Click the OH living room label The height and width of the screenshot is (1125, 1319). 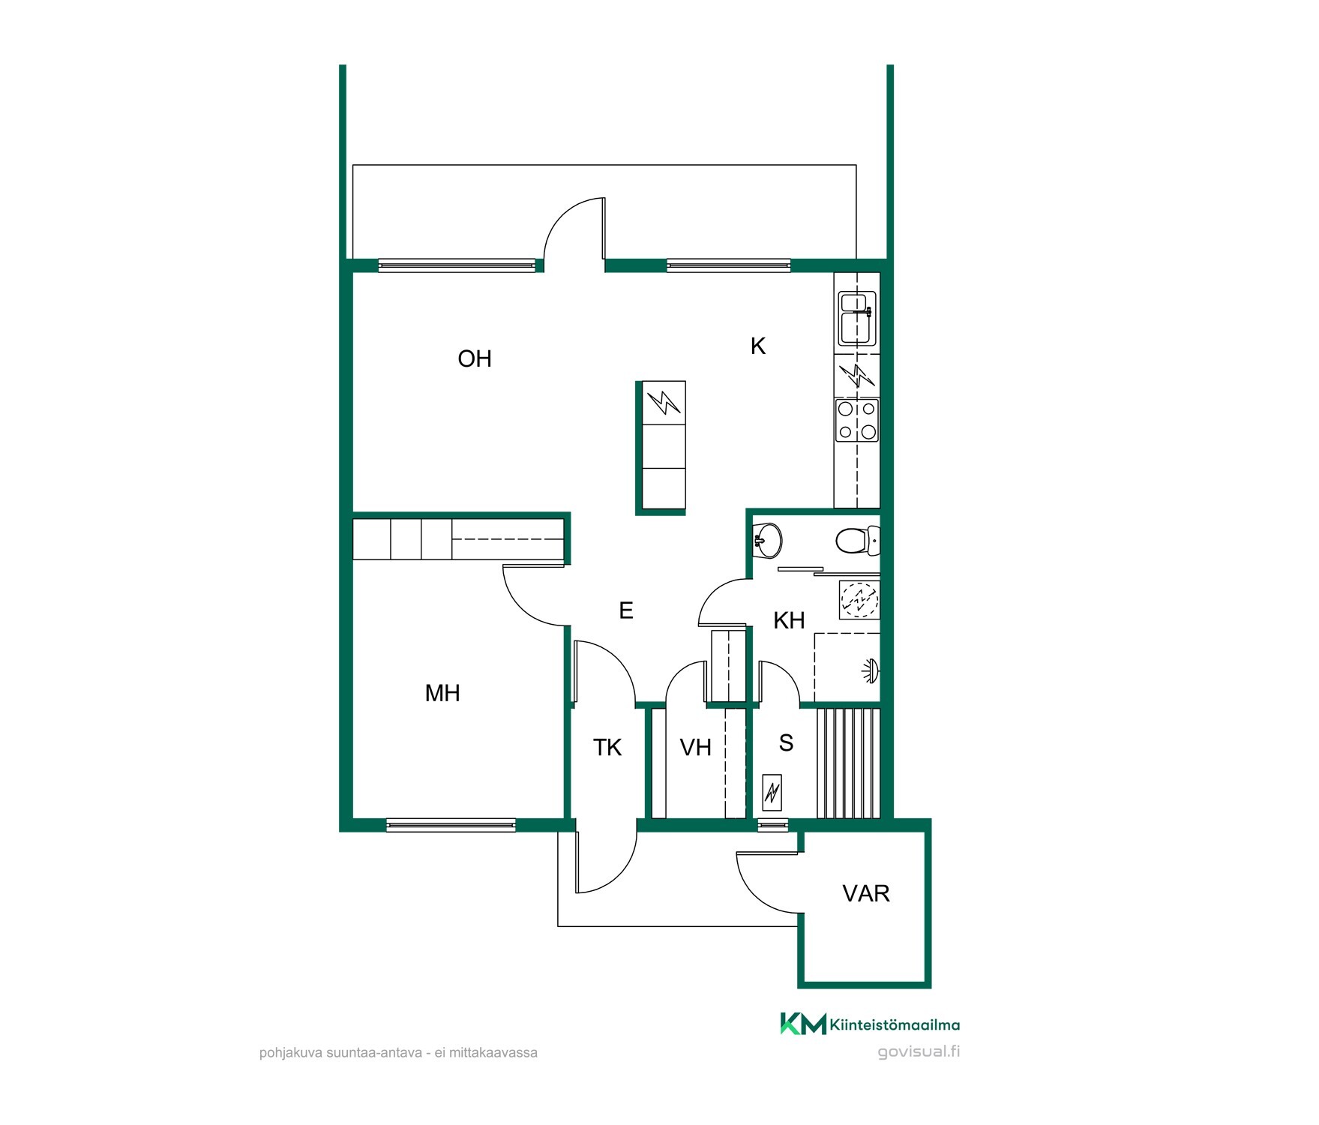(x=475, y=358)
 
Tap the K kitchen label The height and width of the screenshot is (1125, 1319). (x=758, y=346)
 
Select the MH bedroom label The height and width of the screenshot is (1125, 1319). (x=442, y=693)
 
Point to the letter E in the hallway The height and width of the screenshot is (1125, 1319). (x=626, y=610)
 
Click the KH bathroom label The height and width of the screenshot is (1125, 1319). (x=789, y=620)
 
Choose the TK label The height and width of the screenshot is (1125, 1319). (x=607, y=747)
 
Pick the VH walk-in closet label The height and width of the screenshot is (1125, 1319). (x=695, y=747)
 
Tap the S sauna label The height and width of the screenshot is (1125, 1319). (x=786, y=742)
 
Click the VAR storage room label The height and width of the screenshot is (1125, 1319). (x=866, y=893)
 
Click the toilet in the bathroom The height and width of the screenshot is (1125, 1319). (x=856, y=539)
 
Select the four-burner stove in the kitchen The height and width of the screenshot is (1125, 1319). (x=857, y=420)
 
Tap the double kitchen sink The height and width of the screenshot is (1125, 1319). (x=857, y=319)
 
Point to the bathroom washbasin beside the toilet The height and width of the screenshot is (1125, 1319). (x=767, y=539)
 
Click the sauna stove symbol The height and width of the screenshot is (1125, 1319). (x=772, y=792)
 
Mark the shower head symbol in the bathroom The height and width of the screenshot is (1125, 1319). (x=870, y=670)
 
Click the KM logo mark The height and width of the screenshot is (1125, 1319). (x=803, y=1024)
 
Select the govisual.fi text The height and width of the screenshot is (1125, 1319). (x=919, y=1051)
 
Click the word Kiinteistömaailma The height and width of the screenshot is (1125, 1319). (x=895, y=1024)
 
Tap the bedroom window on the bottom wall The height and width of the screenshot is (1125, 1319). (x=451, y=825)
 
